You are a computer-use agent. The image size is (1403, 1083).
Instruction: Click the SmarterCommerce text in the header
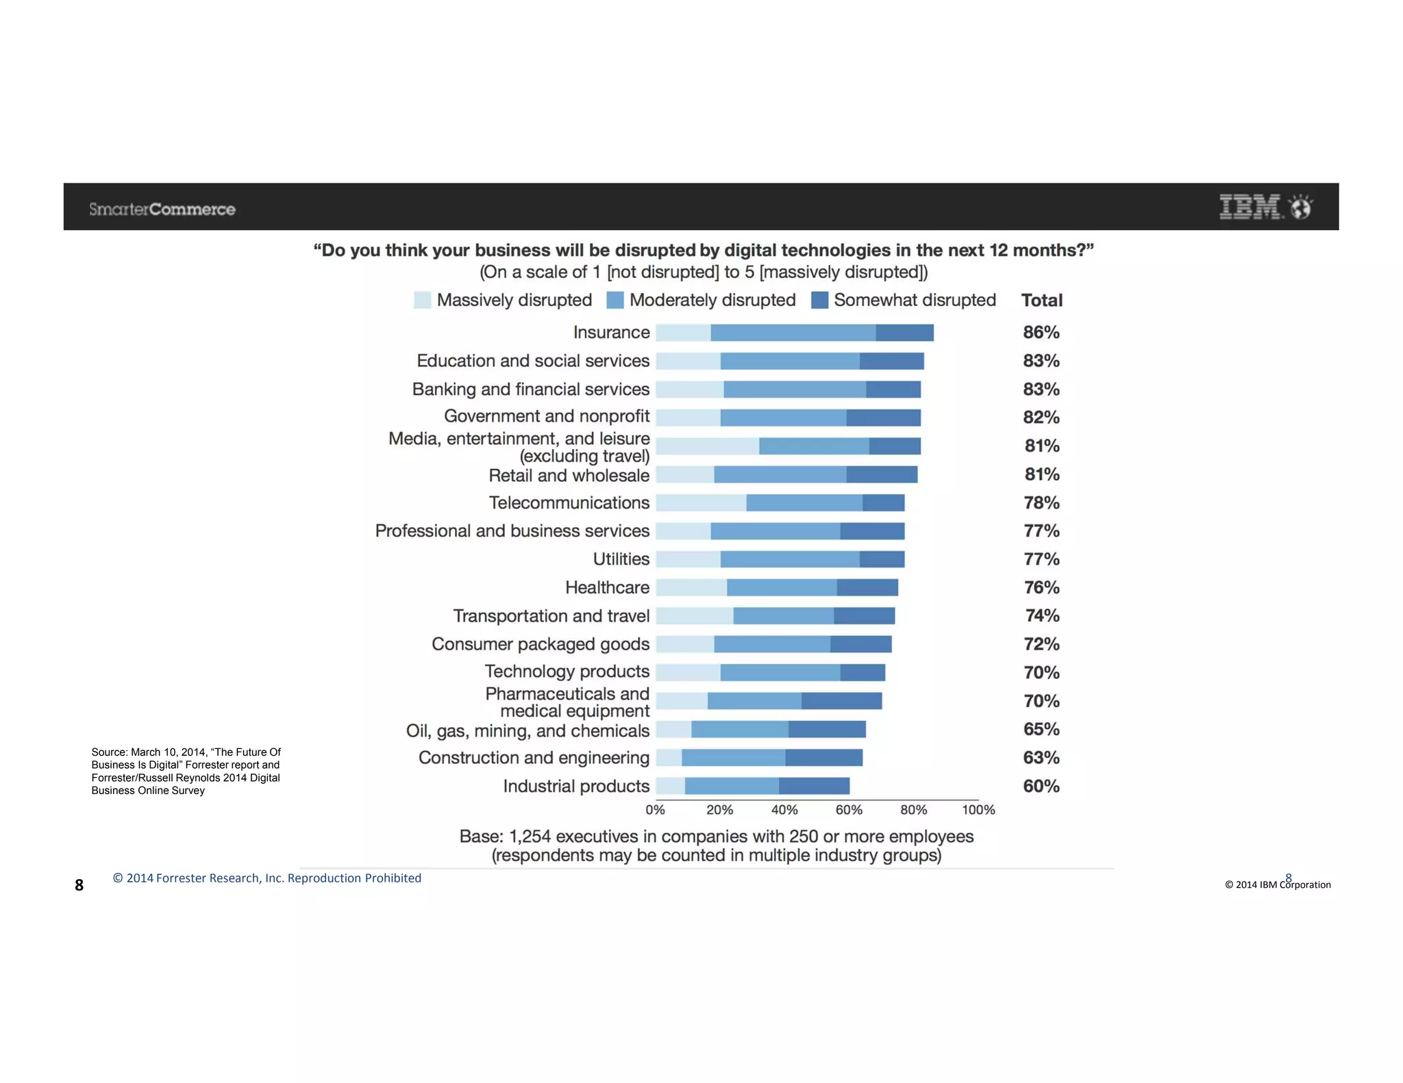(162, 209)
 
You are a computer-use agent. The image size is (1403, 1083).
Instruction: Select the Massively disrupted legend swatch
(423, 300)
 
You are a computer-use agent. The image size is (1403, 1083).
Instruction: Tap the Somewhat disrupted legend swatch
(819, 300)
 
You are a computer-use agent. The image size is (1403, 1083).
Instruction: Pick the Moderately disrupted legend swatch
(615, 300)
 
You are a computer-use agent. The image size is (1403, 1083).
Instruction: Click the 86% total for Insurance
(1041, 333)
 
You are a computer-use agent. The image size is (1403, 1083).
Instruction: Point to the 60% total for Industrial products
(1041, 787)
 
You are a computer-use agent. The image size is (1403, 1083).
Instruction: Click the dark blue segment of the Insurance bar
(904, 333)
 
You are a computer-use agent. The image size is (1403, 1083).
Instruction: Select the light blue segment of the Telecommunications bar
(701, 503)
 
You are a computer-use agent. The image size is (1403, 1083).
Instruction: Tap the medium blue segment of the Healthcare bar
(782, 587)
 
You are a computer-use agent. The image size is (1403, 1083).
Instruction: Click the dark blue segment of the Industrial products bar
(814, 787)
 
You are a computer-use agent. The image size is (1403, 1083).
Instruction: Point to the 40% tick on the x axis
(784, 810)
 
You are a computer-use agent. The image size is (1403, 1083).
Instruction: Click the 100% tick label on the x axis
(978, 810)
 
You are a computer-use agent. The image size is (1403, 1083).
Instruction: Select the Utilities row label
(621, 559)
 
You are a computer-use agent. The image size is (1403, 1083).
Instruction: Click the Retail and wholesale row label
(569, 475)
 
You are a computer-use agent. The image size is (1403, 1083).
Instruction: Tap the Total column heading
(1042, 301)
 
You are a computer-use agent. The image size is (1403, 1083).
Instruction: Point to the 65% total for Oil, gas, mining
(1041, 730)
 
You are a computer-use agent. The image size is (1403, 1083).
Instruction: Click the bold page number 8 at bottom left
(79, 885)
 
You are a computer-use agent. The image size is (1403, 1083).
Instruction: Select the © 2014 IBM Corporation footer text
(1278, 885)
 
